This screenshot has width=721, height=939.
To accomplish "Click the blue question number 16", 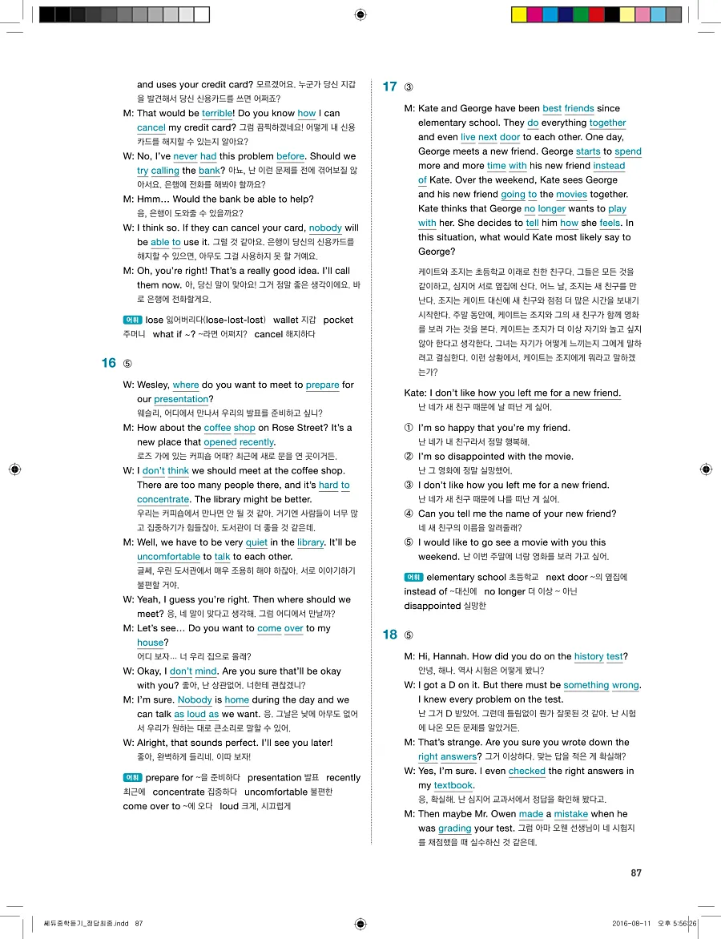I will pos(109,363).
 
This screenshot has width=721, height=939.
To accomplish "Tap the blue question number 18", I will pos(389,635).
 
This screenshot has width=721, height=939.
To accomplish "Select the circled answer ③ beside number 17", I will pos(409,87).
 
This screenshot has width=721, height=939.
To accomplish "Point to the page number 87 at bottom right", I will pos(636,873).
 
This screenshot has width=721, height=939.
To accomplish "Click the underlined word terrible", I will pos(217,114).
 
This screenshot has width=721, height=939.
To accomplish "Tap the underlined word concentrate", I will pos(163,500).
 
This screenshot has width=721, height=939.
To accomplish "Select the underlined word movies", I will pos(571,195).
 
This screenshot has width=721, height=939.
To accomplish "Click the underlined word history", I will pos(588,657).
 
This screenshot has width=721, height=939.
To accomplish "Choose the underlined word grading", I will pos(454,828).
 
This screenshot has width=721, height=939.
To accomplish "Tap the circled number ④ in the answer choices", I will pos(409,514).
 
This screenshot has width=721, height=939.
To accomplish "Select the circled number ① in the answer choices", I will pos(409,428).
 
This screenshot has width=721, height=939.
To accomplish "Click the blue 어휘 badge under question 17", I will pos(413,577).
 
